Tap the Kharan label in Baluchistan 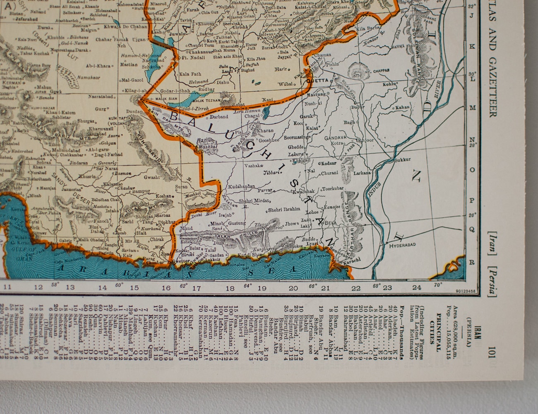[x=265, y=131]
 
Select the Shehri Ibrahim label [x=284, y=209]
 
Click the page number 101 [x=491, y=349]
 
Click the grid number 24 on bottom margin [x=417, y=288]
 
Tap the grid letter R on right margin [x=471, y=262]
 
